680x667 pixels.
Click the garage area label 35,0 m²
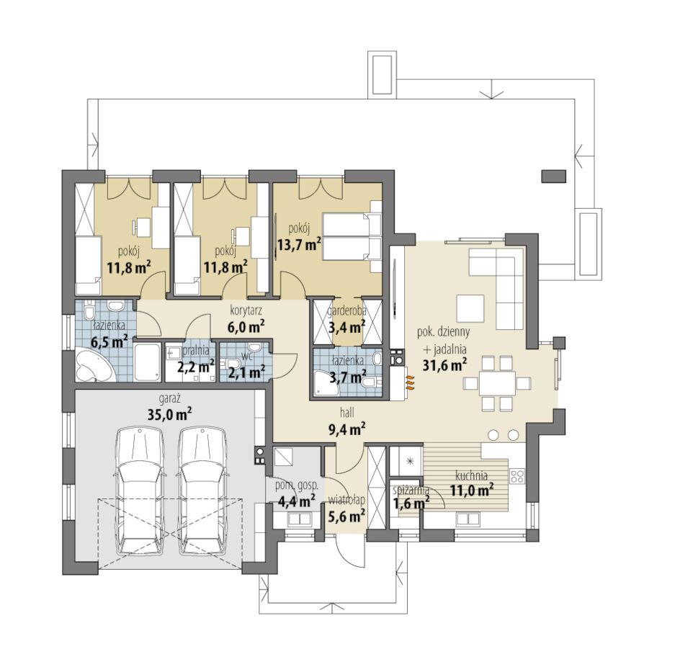(x=169, y=414)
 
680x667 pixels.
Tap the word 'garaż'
(x=169, y=398)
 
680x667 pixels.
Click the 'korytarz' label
(x=246, y=310)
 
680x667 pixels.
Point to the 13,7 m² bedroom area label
(x=299, y=244)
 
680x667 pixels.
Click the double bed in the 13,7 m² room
(x=352, y=236)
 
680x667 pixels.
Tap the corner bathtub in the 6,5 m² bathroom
(x=94, y=364)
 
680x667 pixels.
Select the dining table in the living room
(x=498, y=383)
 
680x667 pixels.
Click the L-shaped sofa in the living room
(x=506, y=277)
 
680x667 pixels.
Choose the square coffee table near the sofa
(x=470, y=308)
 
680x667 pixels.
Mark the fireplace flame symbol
(x=410, y=384)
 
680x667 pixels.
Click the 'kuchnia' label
(x=471, y=475)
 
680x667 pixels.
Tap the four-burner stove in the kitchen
(x=517, y=476)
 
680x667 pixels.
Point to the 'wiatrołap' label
(x=346, y=501)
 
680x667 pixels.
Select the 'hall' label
(x=347, y=413)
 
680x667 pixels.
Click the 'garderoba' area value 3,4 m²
(x=347, y=326)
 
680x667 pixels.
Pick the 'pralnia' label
(x=196, y=350)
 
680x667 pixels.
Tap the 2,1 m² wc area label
(x=246, y=372)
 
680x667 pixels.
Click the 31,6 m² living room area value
(x=444, y=364)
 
